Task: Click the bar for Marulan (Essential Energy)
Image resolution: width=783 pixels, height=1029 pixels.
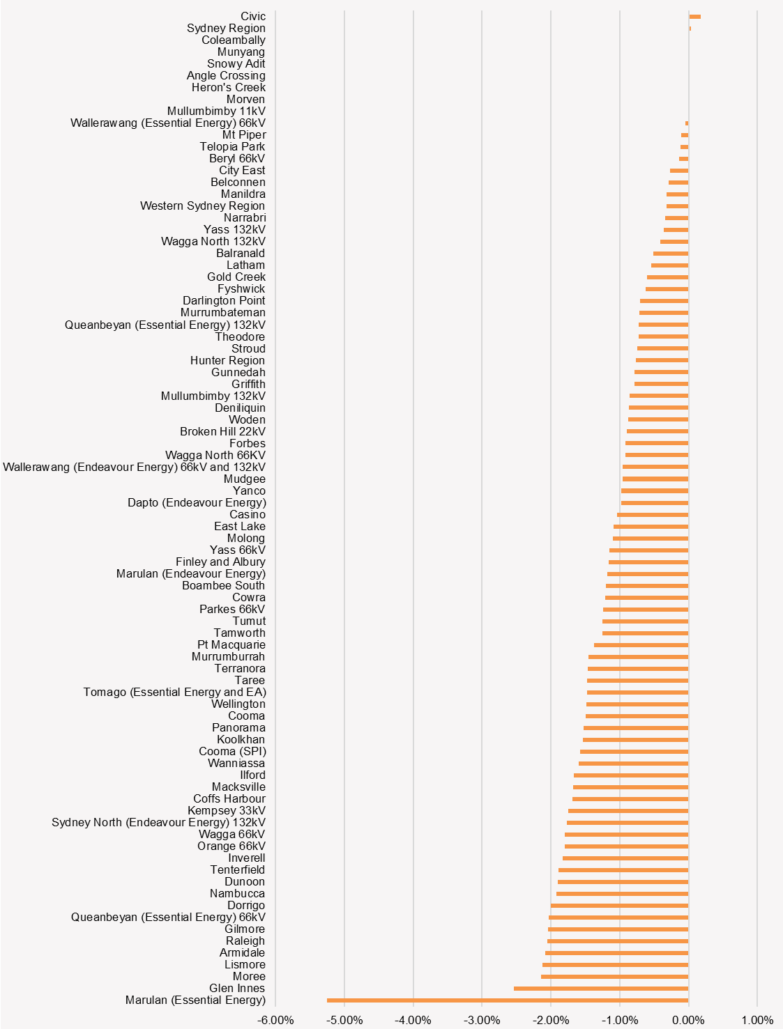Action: click(508, 1000)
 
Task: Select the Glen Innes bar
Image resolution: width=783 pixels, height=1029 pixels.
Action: click(601, 989)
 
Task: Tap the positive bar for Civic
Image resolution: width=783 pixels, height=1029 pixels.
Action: click(694, 17)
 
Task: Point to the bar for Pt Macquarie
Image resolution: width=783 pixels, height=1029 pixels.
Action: click(641, 645)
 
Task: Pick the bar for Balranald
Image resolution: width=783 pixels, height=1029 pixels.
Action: click(671, 254)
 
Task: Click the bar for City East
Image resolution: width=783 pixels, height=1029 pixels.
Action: click(679, 171)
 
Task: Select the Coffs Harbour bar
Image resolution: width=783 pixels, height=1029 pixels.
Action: click(630, 799)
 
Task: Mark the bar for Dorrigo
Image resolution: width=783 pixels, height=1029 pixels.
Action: click(619, 906)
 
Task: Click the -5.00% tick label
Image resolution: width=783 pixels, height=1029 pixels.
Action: click(344, 1021)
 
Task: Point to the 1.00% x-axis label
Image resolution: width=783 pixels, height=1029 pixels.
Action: click(757, 1021)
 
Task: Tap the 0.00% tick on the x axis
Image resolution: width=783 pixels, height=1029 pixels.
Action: click(688, 1021)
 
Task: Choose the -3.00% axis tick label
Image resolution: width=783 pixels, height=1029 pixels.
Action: click(482, 1021)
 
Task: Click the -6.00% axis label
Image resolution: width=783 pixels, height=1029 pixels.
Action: click(275, 1021)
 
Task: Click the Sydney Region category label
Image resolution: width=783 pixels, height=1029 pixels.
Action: click(226, 29)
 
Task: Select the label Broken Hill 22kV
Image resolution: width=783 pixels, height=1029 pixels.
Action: click(222, 432)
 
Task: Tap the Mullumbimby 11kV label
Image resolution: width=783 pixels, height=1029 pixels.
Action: click(216, 111)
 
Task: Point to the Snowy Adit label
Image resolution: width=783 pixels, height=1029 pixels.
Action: click(236, 64)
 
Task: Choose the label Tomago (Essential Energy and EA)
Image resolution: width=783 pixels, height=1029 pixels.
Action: click(174, 693)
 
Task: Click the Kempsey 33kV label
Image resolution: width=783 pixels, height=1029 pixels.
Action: click(226, 811)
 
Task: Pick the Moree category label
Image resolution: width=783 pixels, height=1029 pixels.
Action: click(249, 977)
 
